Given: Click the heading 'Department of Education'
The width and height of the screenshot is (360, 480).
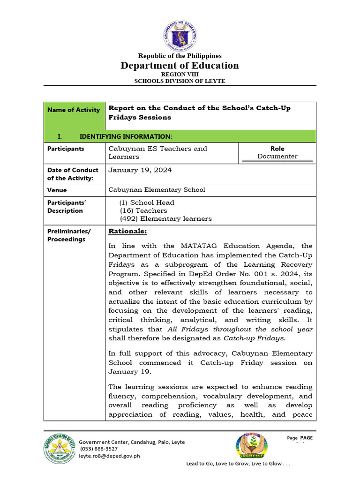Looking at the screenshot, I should coord(180,66).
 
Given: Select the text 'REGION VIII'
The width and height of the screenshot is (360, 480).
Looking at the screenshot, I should coord(180,75).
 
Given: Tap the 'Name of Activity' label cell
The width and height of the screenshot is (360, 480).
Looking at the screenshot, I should coord(74,110).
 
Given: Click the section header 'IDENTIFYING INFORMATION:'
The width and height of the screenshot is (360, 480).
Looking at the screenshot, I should coord(126,136).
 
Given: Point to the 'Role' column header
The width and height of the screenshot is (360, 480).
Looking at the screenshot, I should coord(277,149).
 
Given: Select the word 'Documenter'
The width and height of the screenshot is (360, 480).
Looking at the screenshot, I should coord(277,157).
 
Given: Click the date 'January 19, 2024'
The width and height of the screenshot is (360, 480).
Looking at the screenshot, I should coord(140,170).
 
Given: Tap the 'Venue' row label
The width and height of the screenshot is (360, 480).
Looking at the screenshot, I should coord(57,190).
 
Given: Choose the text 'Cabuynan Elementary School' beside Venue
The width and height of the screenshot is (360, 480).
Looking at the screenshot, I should coord(157,190).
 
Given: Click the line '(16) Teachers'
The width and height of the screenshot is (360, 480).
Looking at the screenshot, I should coord(143,210).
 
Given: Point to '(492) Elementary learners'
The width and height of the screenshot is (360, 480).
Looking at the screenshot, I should coord(165,218).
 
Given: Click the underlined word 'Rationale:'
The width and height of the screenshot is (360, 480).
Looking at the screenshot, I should coord(127,231).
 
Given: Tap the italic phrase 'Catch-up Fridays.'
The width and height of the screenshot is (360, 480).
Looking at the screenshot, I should coord(254,338).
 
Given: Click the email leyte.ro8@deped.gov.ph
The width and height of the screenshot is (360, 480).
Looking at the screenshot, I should coord(109,456).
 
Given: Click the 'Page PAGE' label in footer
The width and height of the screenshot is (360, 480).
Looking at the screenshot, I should coord(300,438).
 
